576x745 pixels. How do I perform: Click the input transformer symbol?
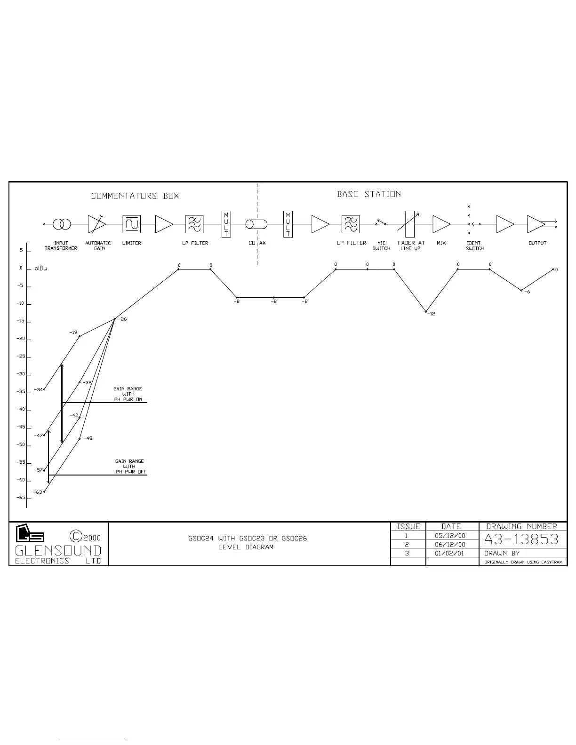[62, 224]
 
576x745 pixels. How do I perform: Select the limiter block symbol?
[132, 224]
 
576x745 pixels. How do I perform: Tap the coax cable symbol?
[257, 224]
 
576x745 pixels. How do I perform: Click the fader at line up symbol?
[410, 224]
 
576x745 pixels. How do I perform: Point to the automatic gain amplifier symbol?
[96, 224]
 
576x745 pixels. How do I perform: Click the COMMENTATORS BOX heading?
[135, 196]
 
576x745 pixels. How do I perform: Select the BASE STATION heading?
[369, 194]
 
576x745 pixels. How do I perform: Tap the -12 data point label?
[432, 314]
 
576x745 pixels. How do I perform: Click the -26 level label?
[122, 319]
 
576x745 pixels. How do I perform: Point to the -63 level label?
[38, 492]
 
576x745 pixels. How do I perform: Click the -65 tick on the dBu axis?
[21, 498]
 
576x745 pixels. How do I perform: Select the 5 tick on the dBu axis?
[21, 251]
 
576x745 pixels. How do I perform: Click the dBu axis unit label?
[41, 269]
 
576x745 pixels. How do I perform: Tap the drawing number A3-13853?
[521, 539]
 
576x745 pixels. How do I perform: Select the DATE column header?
[451, 527]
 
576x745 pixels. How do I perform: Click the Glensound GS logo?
[30, 533]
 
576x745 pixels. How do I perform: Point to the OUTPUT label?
[537, 243]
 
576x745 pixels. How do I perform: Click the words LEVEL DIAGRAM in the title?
[246, 547]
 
